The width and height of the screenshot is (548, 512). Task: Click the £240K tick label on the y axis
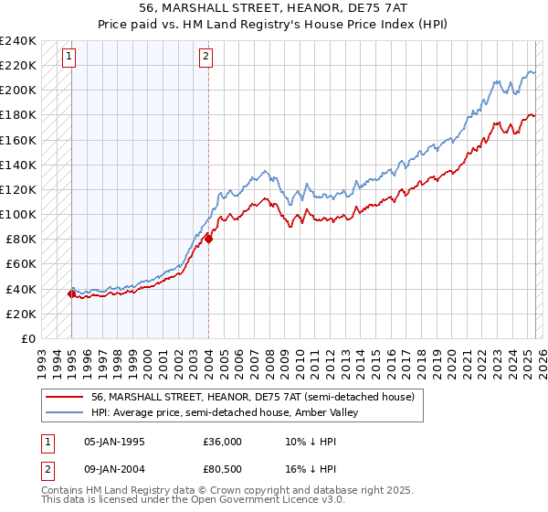pyautogui.click(x=18, y=41)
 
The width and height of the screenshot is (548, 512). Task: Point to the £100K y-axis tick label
pyautogui.click(x=18, y=214)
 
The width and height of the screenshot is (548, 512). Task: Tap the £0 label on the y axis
pyautogui.click(x=28, y=338)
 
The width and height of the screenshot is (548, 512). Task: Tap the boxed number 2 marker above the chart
pyautogui.click(x=206, y=57)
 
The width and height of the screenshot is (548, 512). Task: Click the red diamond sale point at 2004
pyautogui.click(x=208, y=239)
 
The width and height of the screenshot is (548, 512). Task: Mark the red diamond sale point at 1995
pyautogui.click(x=71, y=293)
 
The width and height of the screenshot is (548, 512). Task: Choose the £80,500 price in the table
pyautogui.click(x=223, y=471)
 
